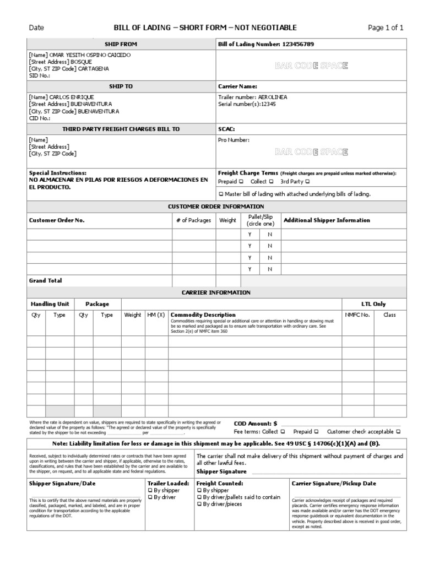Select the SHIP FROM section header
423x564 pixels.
(121, 44)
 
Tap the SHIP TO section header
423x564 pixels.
(121, 86)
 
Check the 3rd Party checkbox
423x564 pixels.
(308, 182)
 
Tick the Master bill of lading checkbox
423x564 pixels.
(221, 194)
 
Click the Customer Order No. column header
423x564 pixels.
(57, 220)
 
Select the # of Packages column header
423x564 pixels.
(193, 220)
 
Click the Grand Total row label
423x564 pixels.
(45, 280)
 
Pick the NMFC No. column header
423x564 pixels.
(357, 315)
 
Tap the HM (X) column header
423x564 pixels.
(156, 315)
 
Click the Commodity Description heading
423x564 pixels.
(203, 315)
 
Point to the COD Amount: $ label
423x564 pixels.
(256, 424)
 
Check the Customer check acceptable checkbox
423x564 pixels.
(398, 432)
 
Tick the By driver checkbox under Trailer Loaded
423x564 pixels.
(150, 497)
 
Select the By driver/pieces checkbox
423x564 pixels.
(199, 504)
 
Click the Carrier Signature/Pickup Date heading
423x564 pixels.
(334, 483)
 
